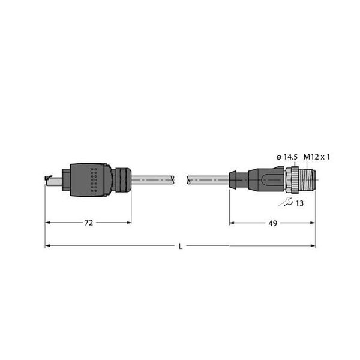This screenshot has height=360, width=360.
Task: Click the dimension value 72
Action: click(88, 223)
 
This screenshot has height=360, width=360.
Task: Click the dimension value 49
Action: click(272, 223)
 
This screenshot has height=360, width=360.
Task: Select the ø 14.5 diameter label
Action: click(287, 157)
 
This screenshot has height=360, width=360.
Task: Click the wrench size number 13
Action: click(299, 203)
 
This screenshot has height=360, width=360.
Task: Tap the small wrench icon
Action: click(289, 202)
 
